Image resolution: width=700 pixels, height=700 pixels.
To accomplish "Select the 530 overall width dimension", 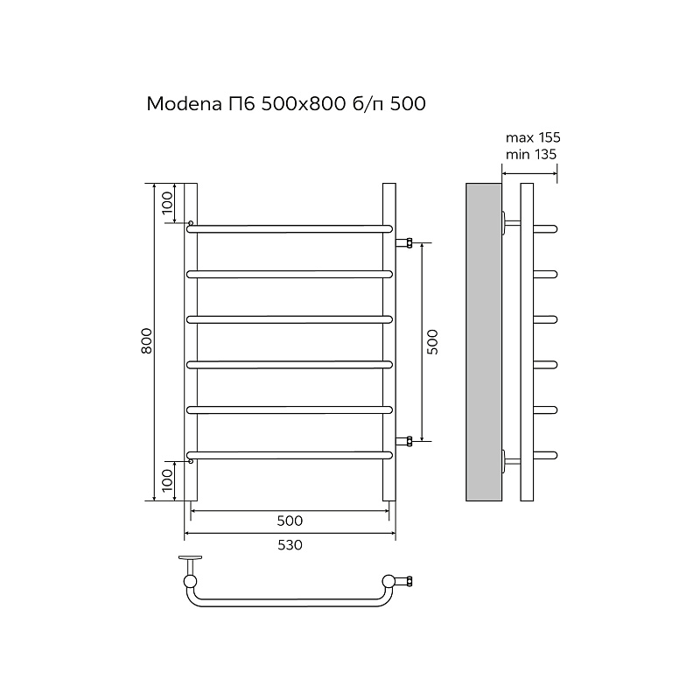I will point(290,545).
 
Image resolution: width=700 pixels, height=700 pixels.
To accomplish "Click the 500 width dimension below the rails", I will point(290,521).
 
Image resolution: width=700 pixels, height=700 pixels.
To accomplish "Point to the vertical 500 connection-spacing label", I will point(431,341).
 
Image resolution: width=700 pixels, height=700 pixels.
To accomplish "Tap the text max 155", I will point(533,138).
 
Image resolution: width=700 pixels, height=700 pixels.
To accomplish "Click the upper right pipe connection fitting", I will point(405,241).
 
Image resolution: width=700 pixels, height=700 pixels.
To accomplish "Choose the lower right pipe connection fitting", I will point(405,440).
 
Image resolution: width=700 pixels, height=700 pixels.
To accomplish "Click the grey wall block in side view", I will point(483,341).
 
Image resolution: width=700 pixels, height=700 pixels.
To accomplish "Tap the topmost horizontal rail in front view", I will point(290,227).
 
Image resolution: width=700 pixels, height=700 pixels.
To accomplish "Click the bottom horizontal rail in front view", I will point(290,454).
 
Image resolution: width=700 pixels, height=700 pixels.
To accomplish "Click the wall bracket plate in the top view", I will point(190,557).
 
